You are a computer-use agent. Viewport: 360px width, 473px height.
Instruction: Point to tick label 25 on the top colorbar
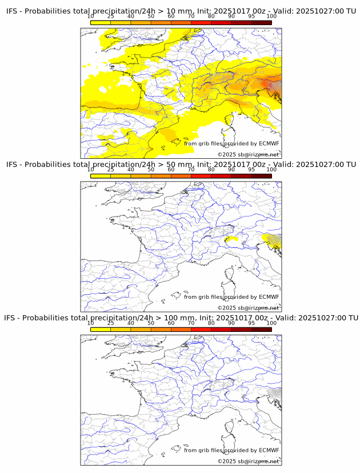(x=111, y=16)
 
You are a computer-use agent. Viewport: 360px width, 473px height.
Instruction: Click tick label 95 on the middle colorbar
(x=251, y=170)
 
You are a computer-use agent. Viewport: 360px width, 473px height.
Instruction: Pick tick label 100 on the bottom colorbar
(x=271, y=323)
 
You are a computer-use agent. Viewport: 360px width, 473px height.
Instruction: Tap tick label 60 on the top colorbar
(x=171, y=16)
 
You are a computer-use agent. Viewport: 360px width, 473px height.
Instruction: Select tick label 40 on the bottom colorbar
(x=131, y=323)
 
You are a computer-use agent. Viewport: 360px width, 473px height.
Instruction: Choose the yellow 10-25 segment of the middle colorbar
(x=101, y=176)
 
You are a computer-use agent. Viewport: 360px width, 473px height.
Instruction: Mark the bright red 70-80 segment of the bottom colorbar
(x=201, y=329)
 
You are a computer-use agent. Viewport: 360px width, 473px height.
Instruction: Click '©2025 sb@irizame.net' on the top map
(x=248, y=154)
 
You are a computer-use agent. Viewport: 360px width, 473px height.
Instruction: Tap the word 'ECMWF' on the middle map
(x=269, y=296)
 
